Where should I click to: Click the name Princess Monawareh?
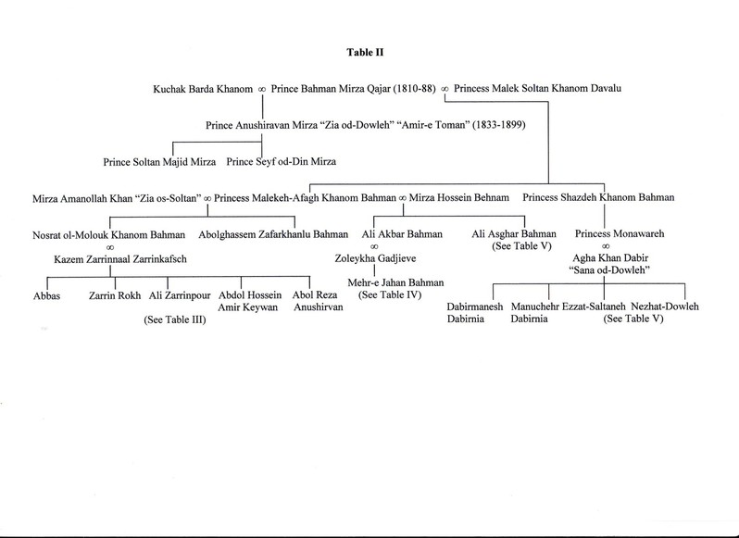(x=608, y=233)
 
